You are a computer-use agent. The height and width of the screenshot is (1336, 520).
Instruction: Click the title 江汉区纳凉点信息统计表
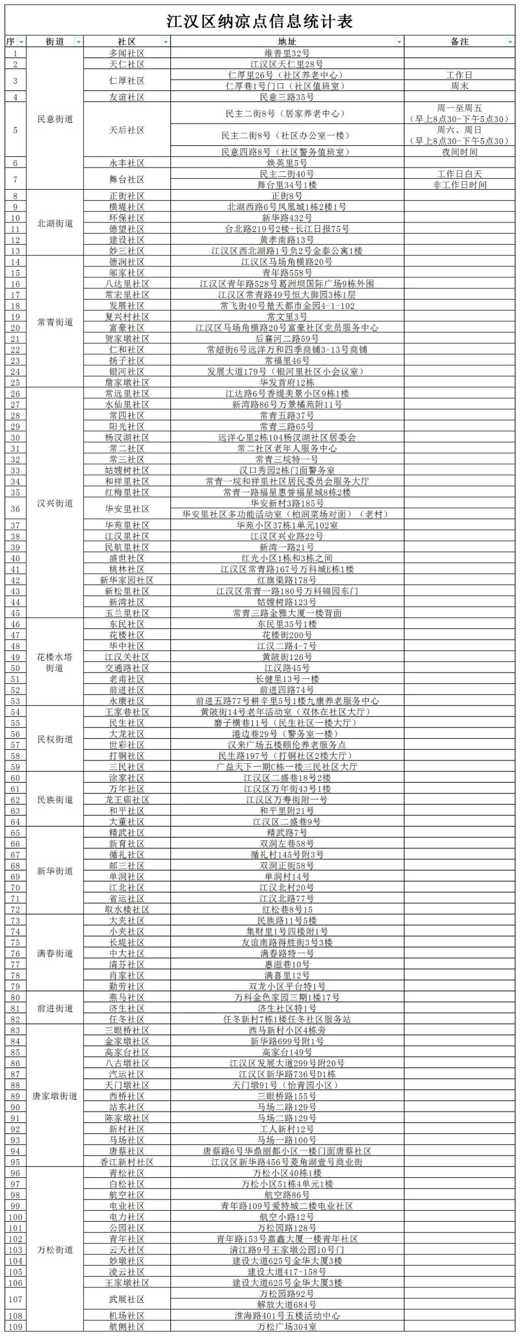click(260, 21)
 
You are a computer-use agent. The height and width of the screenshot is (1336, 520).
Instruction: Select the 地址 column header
click(286, 41)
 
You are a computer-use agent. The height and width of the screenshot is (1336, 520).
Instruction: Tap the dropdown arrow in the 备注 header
click(509, 42)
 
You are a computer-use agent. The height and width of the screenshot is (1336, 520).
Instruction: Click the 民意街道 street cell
click(55, 119)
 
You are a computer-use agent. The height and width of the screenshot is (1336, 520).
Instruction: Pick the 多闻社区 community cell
click(127, 53)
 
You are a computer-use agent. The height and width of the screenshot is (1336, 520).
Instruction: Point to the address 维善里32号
click(286, 53)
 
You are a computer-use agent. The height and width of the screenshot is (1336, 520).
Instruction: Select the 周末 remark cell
click(459, 86)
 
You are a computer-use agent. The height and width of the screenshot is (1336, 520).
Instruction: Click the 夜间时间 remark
click(459, 152)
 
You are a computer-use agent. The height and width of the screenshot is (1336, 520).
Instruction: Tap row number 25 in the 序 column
click(15, 383)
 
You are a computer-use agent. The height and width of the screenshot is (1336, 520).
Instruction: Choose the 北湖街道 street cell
click(55, 224)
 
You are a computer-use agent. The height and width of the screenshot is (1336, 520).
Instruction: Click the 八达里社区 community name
click(127, 284)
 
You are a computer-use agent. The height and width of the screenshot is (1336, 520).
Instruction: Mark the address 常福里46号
click(286, 360)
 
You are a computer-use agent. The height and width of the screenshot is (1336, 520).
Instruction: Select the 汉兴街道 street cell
click(55, 503)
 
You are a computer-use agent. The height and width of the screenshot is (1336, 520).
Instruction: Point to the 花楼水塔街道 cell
click(55, 662)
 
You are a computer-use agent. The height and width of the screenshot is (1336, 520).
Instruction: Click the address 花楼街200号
click(286, 635)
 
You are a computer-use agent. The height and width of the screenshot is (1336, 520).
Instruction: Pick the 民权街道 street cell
click(55, 739)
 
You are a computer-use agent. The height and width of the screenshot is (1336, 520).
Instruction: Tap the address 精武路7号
click(286, 833)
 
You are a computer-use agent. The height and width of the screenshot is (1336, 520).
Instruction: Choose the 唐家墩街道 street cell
click(55, 1096)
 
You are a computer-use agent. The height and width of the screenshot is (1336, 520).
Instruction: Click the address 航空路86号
click(286, 1195)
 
